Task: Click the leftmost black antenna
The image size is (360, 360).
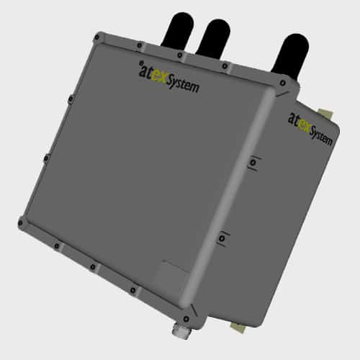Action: [178, 30]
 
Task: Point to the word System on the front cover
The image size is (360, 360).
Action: [183, 84]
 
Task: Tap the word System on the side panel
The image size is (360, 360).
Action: [321, 138]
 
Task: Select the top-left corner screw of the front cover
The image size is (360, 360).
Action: [96, 37]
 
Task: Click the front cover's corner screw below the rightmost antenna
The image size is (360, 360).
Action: [283, 84]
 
